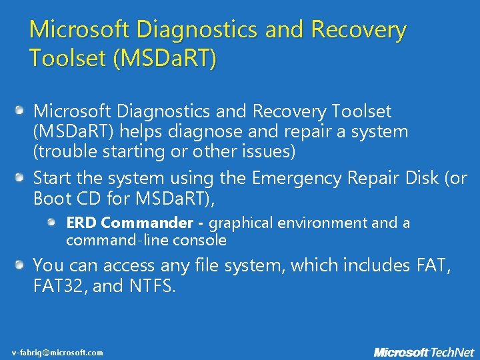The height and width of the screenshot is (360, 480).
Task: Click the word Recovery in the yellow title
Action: (x=358, y=30)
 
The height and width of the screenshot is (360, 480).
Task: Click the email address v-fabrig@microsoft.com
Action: (x=57, y=352)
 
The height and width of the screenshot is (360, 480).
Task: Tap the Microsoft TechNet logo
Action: (x=423, y=351)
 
